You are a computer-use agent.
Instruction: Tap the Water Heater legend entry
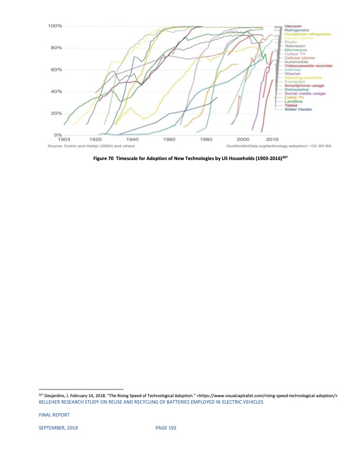298,109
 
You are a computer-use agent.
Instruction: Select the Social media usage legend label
305,94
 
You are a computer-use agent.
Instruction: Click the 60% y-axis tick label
56,69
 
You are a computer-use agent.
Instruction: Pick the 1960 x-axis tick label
169,140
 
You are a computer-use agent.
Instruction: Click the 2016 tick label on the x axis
272,140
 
